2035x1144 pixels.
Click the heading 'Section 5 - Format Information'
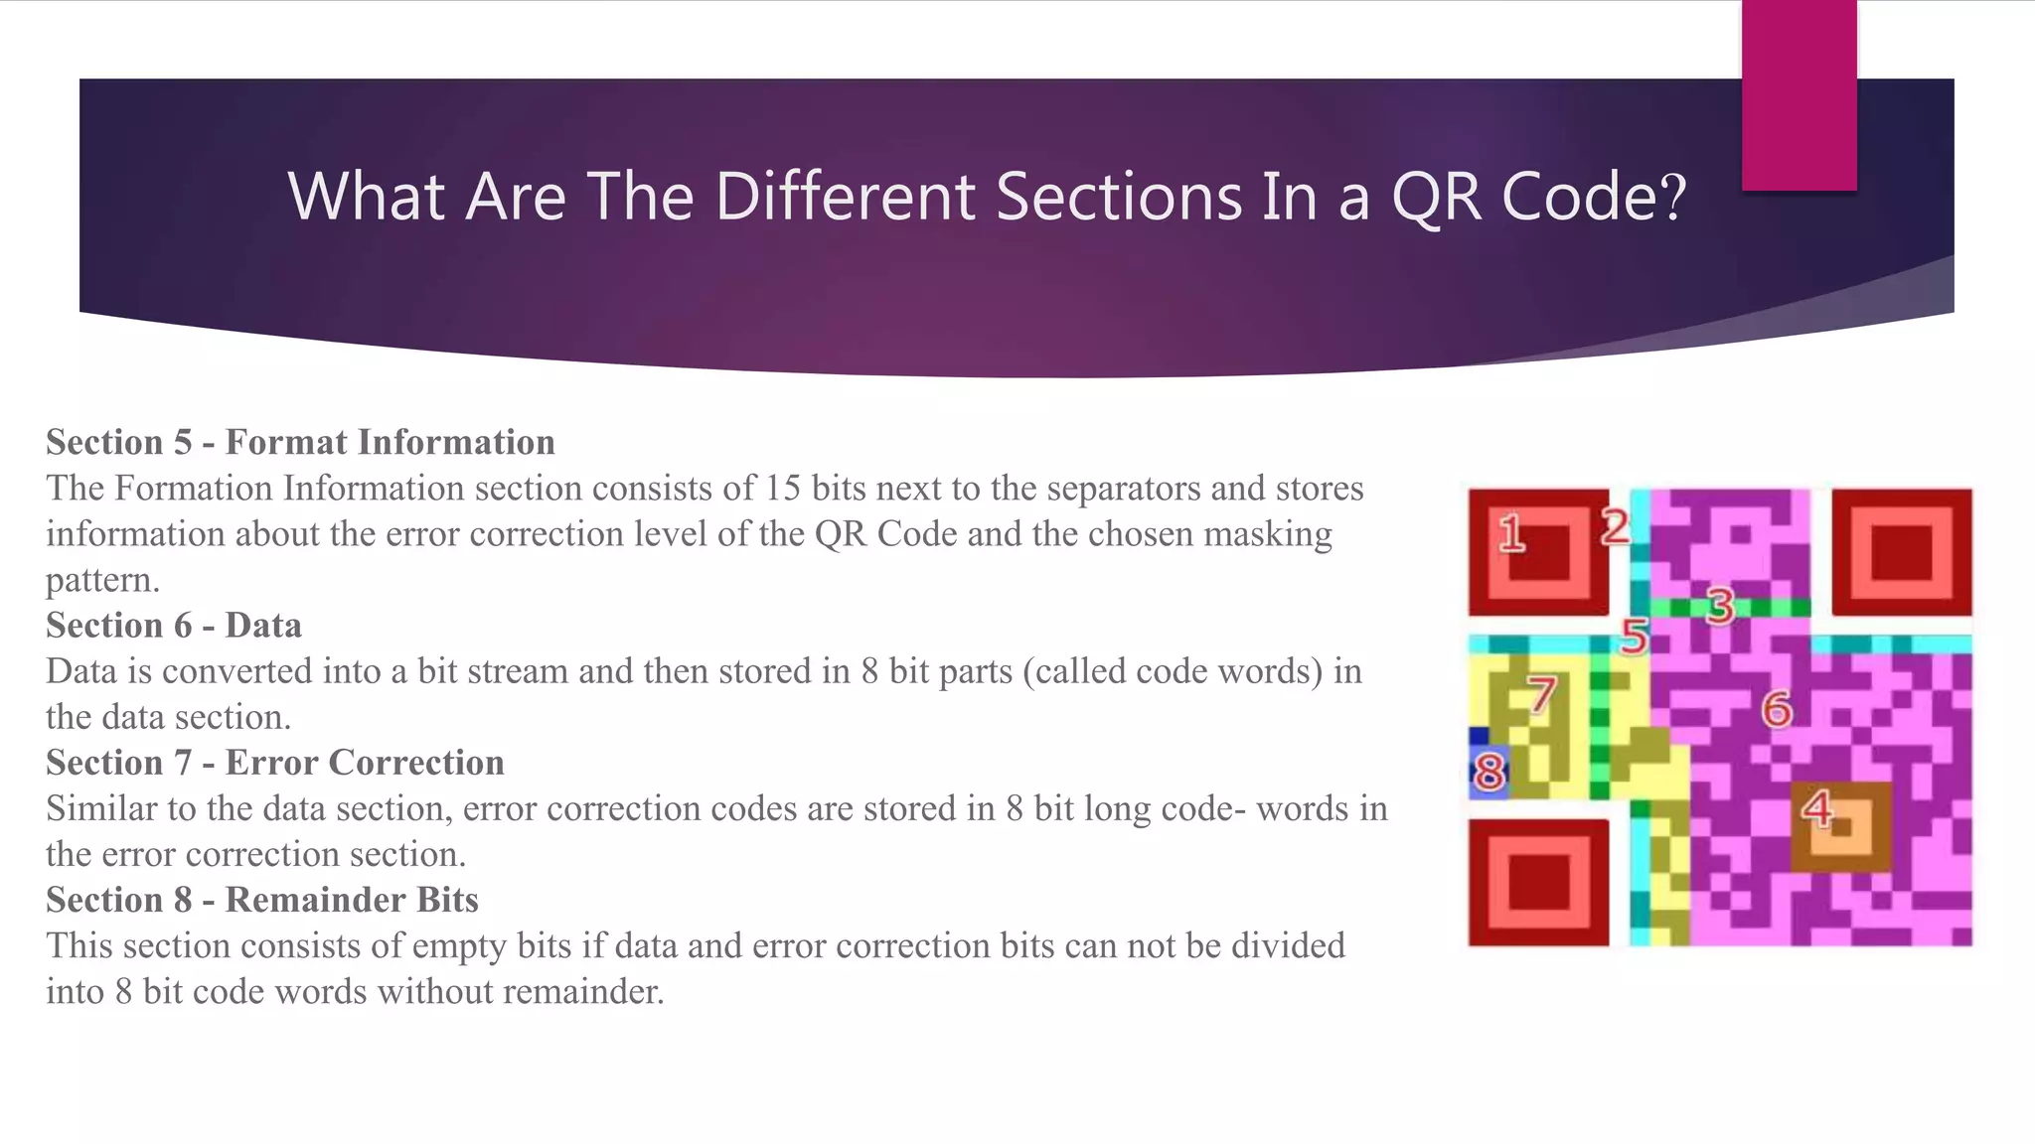point(300,442)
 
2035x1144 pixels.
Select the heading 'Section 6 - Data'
point(174,626)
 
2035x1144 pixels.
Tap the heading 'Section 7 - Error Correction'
point(275,763)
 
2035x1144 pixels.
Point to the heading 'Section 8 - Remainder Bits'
point(262,900)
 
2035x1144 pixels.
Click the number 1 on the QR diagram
point(1511,533)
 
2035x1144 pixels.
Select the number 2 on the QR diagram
point(1615,526)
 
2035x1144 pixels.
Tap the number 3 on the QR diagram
point(1720,605)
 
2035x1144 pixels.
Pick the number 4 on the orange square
point(1817,809)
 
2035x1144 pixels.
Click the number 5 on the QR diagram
point(1634,636)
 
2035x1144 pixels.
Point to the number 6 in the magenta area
point(1777,709)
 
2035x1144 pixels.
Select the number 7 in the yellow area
point(1541,694)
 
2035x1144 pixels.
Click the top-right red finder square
point(1902,551)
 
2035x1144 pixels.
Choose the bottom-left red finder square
point(1538,882)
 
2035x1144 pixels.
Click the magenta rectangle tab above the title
point(1799,94)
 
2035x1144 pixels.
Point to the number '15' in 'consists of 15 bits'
point(783,489)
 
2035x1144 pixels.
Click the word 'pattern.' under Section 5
point(103,580)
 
